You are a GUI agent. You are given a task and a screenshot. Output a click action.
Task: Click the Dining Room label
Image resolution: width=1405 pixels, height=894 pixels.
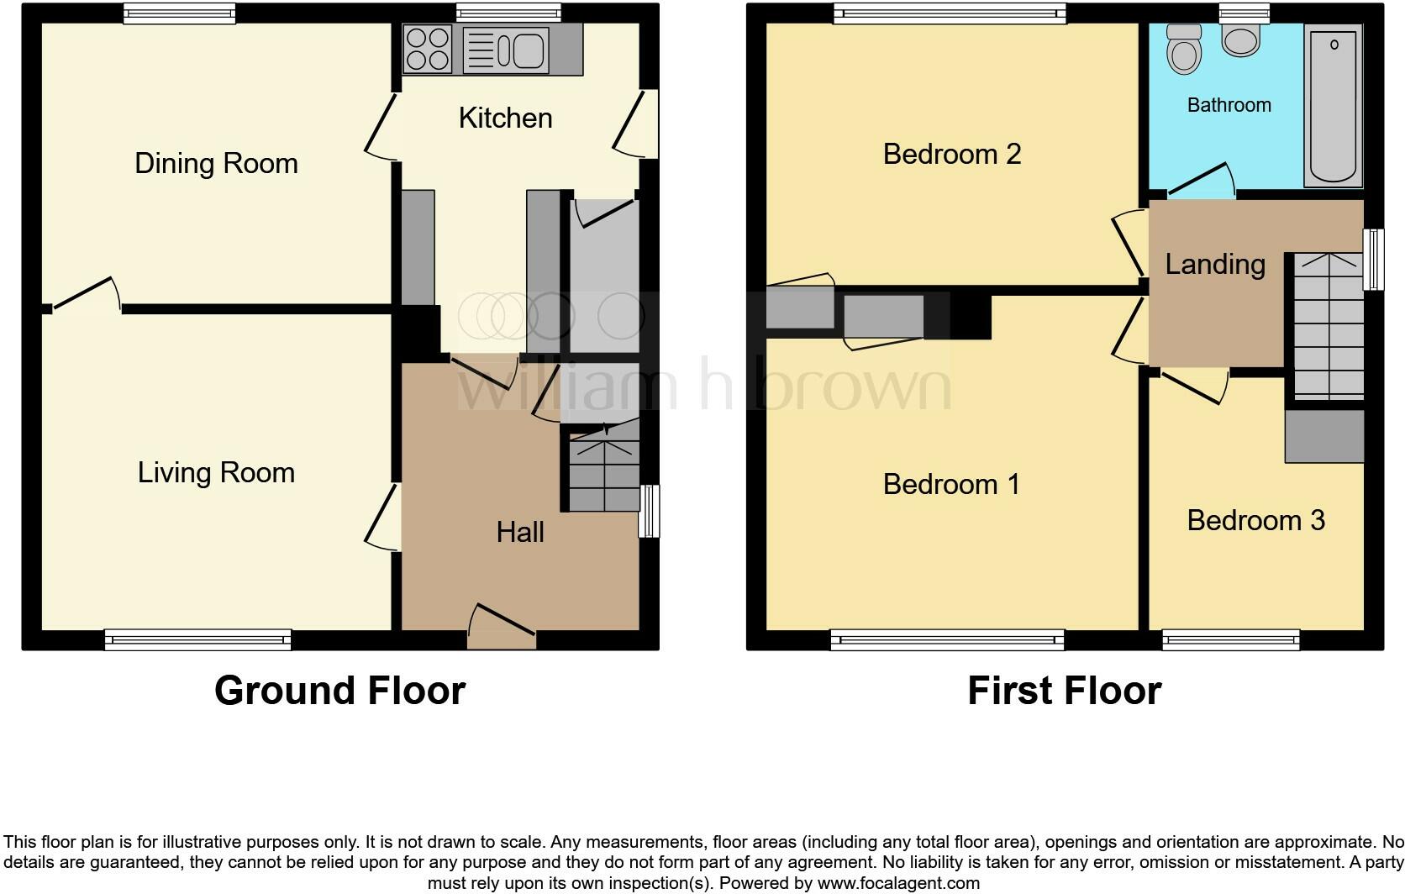(216, 163)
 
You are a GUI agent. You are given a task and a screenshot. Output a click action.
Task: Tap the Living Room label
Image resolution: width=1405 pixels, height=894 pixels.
(216, 472)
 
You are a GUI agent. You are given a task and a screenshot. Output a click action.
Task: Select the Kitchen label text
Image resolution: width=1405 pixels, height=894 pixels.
(505, 118)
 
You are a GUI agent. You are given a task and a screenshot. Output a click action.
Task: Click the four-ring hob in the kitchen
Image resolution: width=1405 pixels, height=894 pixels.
(428, 49)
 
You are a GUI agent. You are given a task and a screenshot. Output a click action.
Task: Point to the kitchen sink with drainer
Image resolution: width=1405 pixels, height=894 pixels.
(506, 50)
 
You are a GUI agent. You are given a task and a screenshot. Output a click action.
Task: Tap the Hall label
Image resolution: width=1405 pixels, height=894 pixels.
(520, 532)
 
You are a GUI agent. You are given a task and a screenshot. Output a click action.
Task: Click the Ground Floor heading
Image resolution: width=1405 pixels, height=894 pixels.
(339, 691)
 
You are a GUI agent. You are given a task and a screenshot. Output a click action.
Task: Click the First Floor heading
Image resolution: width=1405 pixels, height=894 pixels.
(1064, 691)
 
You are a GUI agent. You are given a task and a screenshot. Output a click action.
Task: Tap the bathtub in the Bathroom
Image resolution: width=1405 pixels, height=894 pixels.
(1333, 105)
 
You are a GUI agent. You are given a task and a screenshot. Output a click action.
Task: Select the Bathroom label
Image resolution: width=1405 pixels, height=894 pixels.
(1229, 105)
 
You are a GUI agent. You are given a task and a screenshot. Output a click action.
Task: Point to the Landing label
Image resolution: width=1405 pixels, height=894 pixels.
(1215, 264)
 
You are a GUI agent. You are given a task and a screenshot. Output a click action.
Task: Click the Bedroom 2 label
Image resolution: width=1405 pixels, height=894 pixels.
(951, 154)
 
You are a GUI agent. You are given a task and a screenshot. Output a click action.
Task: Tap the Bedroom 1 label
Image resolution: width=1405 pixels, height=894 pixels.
(951, 484)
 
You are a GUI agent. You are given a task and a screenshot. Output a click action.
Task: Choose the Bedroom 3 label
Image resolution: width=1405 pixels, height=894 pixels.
(1255, 520)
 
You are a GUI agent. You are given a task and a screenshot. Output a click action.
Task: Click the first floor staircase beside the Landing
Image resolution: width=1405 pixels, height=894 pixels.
(1328, 328)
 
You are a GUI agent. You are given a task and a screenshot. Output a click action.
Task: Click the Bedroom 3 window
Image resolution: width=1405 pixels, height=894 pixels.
(1231, 641)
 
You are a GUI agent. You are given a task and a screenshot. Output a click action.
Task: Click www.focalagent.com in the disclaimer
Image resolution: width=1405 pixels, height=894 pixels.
(897, 883)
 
